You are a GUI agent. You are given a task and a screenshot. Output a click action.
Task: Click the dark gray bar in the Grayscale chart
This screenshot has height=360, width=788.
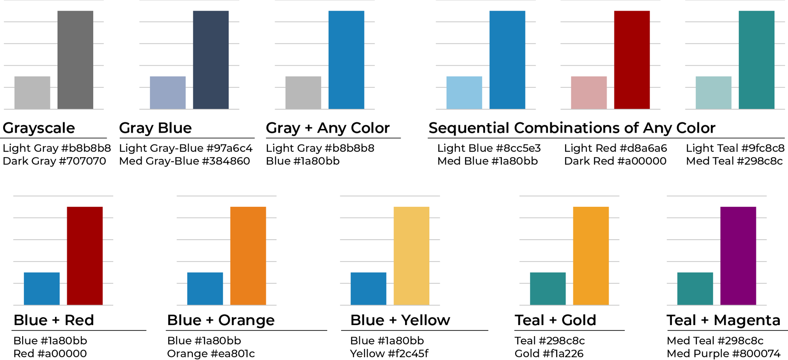coord(75,60)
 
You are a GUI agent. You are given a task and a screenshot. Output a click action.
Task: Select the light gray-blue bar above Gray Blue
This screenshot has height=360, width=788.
coord(167,93)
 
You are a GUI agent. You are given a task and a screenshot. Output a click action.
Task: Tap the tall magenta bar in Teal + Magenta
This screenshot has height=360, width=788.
coord(738,256)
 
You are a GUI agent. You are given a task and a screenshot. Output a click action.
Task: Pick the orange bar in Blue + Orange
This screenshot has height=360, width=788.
coord(248,256)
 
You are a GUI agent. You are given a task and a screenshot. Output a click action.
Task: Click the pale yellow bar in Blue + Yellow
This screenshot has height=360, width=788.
coord(411,256)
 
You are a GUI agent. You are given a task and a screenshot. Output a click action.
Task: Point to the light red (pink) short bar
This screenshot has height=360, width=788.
coord(589,93)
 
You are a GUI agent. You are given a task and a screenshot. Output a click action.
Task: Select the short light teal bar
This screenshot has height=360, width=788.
coord(713,93)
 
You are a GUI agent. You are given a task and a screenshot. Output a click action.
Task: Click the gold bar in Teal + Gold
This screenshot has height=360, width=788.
coord(591,256)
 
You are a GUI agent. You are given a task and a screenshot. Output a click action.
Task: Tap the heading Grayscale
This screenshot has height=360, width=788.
coord(39,128)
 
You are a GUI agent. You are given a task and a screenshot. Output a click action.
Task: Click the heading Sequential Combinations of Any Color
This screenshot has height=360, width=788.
coord(572,128)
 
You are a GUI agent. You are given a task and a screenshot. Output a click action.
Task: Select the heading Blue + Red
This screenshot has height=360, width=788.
coord(54,320)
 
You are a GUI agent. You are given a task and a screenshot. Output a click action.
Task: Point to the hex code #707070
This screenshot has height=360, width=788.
coord(82,161)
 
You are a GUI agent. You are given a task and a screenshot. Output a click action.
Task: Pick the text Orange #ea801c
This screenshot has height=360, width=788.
coord(211,353)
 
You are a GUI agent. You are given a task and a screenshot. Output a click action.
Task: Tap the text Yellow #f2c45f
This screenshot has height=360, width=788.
coord(389,353)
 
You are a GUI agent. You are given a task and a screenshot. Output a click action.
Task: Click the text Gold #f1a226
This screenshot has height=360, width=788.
coord(549,353)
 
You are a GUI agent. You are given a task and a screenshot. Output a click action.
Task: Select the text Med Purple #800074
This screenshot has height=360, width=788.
coord(723,353)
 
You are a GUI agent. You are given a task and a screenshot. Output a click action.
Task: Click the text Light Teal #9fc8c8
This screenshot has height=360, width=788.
coord(735,148)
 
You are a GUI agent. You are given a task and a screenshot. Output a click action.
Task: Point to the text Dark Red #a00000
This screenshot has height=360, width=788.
coord(615,161)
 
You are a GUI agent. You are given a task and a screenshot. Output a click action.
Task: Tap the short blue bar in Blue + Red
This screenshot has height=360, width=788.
coord(41,289)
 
